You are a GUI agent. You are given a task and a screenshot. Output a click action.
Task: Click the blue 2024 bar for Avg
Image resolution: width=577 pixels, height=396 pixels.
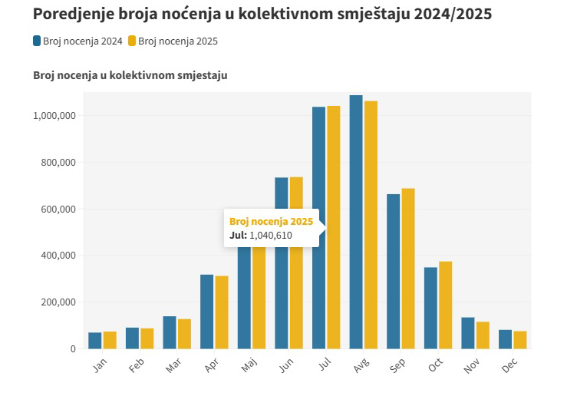click(x=356, y=223)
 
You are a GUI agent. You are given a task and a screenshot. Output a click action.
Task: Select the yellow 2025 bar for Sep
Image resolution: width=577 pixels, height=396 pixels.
click(x=408, y=269)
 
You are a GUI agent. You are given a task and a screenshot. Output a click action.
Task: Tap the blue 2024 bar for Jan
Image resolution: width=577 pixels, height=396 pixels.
click(x=95, y=341)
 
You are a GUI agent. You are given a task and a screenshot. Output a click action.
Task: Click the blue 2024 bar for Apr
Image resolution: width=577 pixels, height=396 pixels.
click(x=207, y=312)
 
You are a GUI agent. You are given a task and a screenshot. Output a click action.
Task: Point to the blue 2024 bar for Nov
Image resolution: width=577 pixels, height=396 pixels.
click(x=468, y=333)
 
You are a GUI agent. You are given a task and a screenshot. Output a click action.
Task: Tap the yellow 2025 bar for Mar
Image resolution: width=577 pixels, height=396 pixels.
click(x=184, y=334)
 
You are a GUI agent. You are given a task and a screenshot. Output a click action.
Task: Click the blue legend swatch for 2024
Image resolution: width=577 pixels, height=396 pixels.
click(x=38, y=41)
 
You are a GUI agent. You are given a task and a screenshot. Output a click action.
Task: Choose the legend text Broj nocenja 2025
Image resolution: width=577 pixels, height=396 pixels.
click(x=178, y=41)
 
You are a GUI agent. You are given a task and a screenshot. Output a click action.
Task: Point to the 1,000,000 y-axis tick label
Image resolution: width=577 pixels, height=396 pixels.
click(x=54, y=116)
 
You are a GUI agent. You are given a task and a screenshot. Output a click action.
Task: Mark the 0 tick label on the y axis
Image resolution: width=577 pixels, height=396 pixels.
click(x=73, y=348)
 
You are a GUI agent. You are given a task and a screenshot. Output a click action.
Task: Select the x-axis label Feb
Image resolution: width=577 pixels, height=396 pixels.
click(x=136, y=367)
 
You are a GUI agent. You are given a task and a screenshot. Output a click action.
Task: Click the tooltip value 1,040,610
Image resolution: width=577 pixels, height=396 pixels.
click(x=271, y=235)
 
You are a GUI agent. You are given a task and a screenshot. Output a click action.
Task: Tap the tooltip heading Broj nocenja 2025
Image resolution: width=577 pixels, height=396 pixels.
click(x=271, y=221)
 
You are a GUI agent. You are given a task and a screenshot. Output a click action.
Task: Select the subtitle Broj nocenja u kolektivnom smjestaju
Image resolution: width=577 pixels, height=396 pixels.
click(x=130, y=75)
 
